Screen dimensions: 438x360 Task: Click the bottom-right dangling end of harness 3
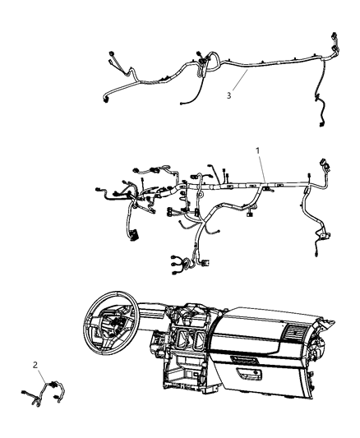coord(319,123)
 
